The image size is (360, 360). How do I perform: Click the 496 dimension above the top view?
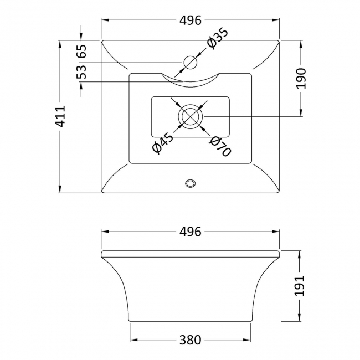point(191,20)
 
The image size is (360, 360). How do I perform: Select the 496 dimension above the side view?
point(191,232)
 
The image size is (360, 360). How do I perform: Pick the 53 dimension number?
point(81,71)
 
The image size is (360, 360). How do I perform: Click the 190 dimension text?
point(300,78)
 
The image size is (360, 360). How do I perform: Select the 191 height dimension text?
point(300,286)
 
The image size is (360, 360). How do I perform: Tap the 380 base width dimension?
point(191,340)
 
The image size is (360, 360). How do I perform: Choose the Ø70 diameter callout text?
point(220,145)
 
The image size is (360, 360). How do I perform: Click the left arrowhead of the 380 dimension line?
point(132,340)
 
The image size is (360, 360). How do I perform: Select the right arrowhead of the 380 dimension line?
point(249,340)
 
